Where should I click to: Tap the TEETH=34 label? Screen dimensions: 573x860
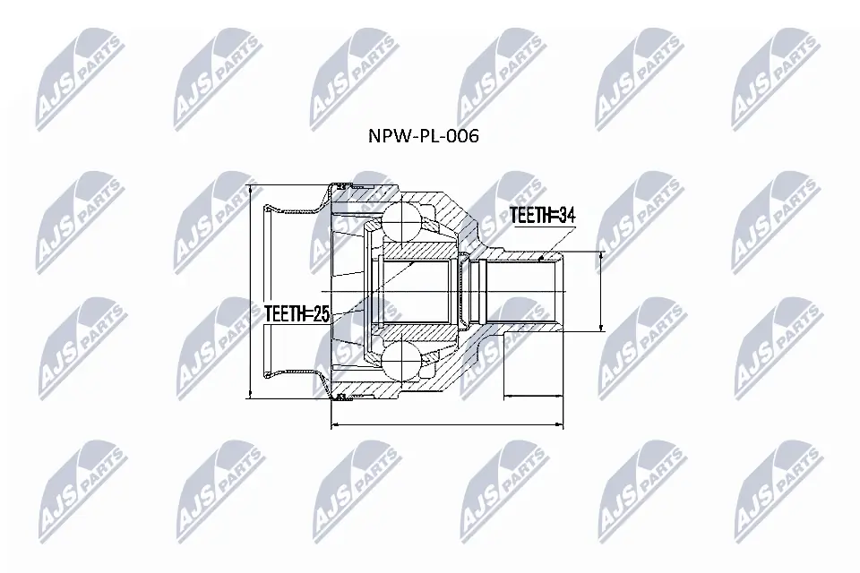(543, 215)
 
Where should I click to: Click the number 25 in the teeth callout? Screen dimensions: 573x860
(322, 313)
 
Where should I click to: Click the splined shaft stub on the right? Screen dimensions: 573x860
(524, 292)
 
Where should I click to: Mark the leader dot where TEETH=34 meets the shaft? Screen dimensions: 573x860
(543, 259)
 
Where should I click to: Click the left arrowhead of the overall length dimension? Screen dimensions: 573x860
(335, 424)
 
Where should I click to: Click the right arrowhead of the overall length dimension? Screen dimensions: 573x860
(561, 424)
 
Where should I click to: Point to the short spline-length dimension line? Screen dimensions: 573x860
(535, 393)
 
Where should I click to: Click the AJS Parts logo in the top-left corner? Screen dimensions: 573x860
(75, 77)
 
